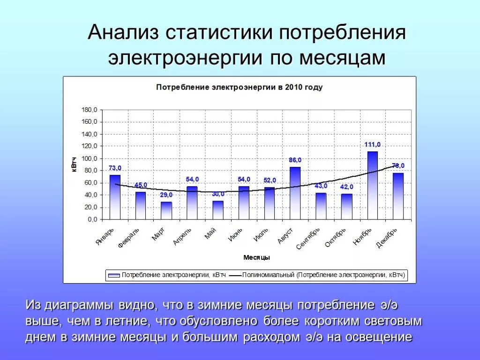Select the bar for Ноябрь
click(372, 185)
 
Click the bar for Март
click(166, 210)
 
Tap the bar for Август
click(295, 193)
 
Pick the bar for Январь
click(115, 197)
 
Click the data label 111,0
click(373, 145)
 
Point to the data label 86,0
click(295, 160)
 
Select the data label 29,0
click(166, 195)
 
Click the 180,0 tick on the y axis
click(90, 110)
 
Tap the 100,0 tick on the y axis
click(90, 158)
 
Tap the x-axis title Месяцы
click(256, 258)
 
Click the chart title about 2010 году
click(239, 88)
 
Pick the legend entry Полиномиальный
click(323, 275)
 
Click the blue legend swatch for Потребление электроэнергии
click(113, 275)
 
